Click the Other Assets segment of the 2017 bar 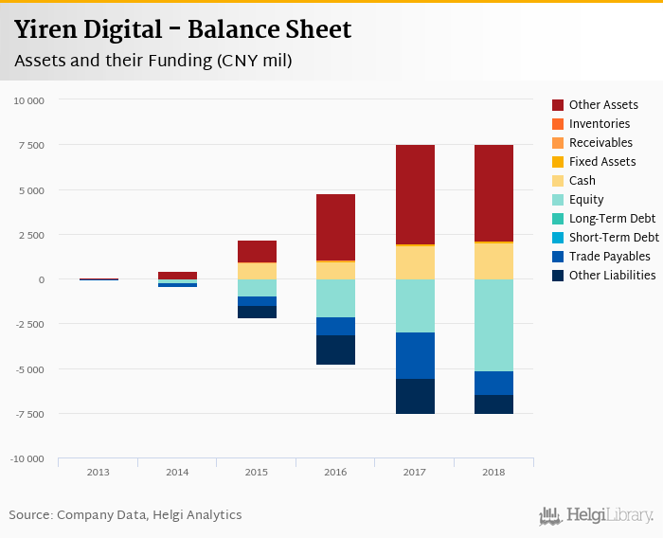coord(415,194)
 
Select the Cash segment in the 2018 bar coord(493,261)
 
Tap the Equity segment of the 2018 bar coord(493,325)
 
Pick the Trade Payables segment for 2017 coord(415,355)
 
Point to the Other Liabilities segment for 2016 coord(335,350)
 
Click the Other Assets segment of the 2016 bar coord(335,227)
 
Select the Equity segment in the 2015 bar coord(257,288)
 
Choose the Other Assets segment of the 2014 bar coord(177,276)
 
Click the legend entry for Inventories coord(599,124)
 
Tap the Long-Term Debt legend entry coord(612,219)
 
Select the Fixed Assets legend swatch coord(559,162)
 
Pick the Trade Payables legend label coord(609,257)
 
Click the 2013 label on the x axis coord(98,473)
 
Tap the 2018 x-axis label coord(493,473)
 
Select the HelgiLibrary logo coord(597,515)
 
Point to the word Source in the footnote coord(30,515)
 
